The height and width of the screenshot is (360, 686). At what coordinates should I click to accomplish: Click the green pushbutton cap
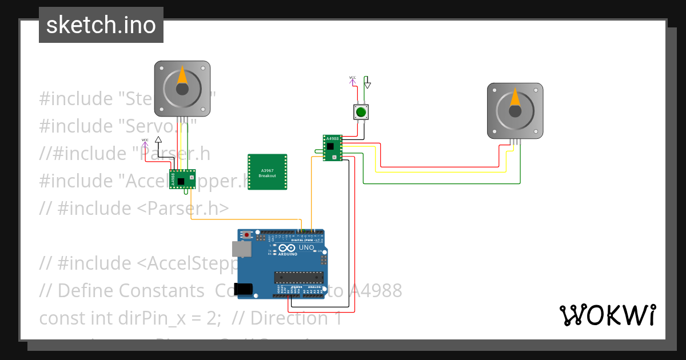361,112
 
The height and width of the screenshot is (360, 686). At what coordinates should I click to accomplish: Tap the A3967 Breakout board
267,172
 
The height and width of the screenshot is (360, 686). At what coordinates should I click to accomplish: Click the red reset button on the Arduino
247,235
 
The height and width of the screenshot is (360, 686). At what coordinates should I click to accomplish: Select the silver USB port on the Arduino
241,249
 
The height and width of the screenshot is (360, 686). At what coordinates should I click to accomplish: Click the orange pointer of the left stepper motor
182,76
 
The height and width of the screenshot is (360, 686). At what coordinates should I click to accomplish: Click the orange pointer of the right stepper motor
515,98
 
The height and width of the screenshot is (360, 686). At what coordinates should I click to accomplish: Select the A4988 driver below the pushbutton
332,147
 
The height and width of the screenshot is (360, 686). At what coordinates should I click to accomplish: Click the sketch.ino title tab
101,25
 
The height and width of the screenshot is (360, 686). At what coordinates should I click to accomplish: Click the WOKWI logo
607,315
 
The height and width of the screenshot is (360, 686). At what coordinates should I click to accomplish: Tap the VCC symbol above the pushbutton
353,80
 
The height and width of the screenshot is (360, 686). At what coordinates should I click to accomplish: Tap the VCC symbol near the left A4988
145,142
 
